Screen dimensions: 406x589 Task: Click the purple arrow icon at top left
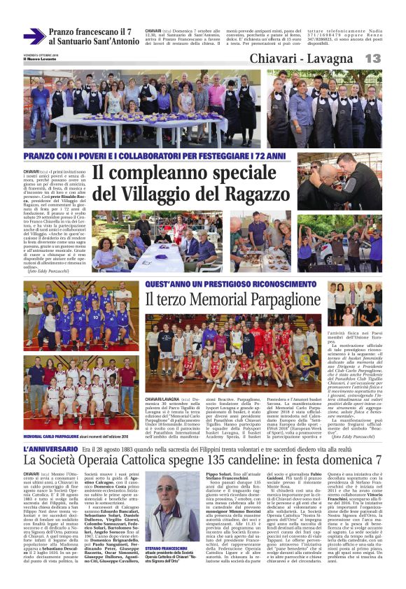(x=34, y=36)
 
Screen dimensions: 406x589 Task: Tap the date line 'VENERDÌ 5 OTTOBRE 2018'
(x=39, y=54)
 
